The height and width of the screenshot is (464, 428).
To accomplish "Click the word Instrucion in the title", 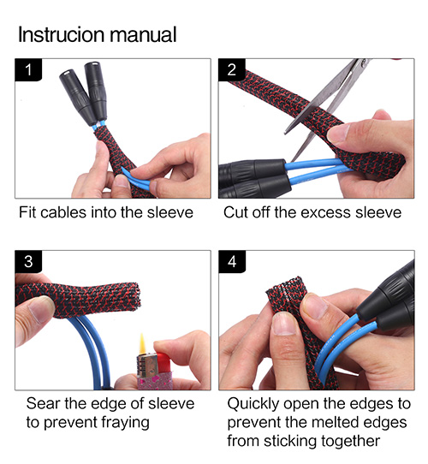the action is pyautogui.click(x=61, y=34).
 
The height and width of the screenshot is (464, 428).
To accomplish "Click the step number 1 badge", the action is pyautogui.click(x=28, y=70).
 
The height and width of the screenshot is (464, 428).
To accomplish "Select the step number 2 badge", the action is pyautogui.click(x=232, y=70).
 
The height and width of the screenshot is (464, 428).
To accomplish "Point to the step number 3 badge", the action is pyautogui.click(x=28, y=262).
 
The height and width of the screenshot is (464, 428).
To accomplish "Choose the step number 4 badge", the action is pyautogui.click(x=232, y=262).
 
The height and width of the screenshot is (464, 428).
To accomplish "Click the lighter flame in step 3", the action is pyautogui.click(x=142, y=343).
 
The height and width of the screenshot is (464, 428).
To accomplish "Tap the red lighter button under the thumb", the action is pyautogui.click(x=162, y=362).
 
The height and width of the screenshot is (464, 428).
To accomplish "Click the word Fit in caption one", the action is pyautogui.click(x=28, y=212).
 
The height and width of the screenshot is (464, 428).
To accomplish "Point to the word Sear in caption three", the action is pyautogui.click(x=43, y=403).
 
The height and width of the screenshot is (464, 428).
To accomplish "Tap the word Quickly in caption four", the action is pyautogui.click(x=253, y=404).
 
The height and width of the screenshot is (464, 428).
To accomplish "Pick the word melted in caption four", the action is pyautogui.click(x=336, y=422).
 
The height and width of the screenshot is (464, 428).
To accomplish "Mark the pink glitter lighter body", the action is pyautogui.click(x=154, y=381).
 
